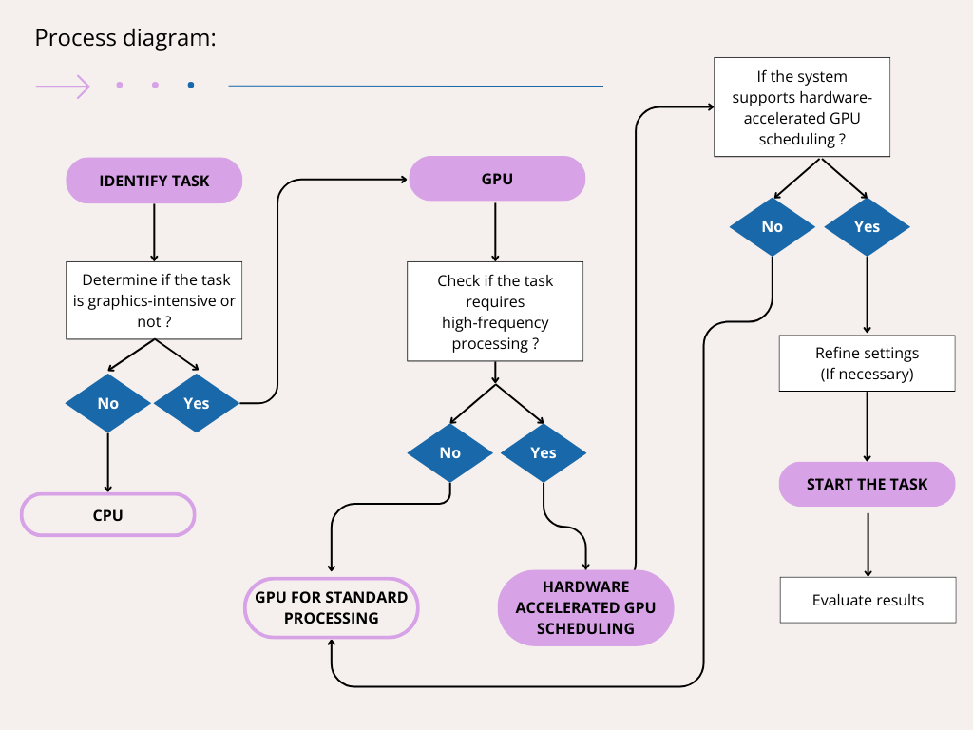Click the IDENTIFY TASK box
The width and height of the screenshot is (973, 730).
point(154,181)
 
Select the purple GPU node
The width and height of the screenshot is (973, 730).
point(497,178)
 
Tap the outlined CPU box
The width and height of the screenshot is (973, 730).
point(107,515)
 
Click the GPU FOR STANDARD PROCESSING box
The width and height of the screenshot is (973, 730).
point(332,607)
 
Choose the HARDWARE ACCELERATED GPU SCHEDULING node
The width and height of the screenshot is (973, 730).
point(585,607)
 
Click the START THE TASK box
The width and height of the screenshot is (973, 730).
point(867,484)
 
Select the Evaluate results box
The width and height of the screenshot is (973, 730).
point(868,600)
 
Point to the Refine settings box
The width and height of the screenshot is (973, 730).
point(867,363)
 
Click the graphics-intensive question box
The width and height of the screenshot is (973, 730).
point(154,301)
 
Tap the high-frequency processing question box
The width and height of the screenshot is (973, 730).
point(495,312)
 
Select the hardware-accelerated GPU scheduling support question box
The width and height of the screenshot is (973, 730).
point(802,107)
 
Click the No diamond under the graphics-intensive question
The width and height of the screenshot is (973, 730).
point(108,403)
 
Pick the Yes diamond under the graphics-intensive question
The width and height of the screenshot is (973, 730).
point(197,403)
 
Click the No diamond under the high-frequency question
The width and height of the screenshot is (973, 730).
point(450,452)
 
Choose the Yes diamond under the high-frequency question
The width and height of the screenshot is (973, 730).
point(544,452)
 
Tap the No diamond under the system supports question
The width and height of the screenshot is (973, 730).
point(773,226)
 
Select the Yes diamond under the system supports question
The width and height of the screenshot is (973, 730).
point(867,226)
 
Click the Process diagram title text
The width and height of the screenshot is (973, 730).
point(125,38)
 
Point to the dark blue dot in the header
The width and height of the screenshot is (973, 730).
point(191,86)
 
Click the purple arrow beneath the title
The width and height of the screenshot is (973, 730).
point(63,86)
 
